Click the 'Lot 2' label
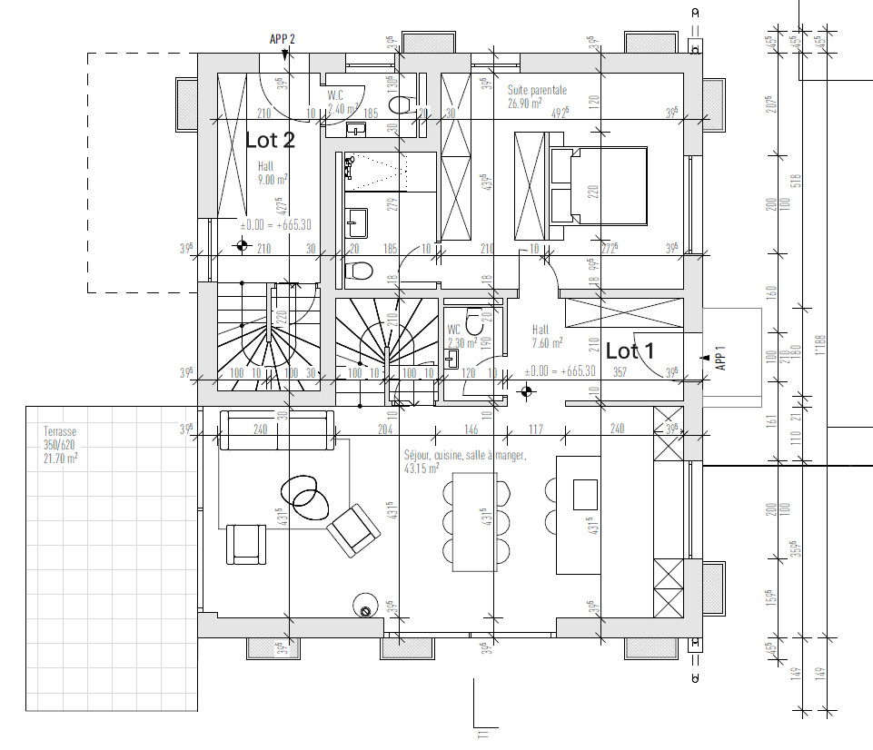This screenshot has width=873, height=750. (270, 140)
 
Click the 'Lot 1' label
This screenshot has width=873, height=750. (630, 350)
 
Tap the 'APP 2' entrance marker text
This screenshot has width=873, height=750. (283, 39)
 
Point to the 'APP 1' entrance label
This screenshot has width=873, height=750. (720, 359)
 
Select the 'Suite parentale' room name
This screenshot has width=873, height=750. (537, 91)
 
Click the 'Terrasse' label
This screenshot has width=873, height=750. (60, 433)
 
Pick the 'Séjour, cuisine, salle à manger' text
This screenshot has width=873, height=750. (464, 456)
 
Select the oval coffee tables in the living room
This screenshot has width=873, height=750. (305, 493)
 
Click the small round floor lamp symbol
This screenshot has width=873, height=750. (366, 611)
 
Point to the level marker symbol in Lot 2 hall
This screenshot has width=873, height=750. (242, 244)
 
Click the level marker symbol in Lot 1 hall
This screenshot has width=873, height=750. (525, 392)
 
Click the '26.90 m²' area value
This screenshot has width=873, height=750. (525, 104)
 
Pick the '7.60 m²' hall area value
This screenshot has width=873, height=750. (547, 343)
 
